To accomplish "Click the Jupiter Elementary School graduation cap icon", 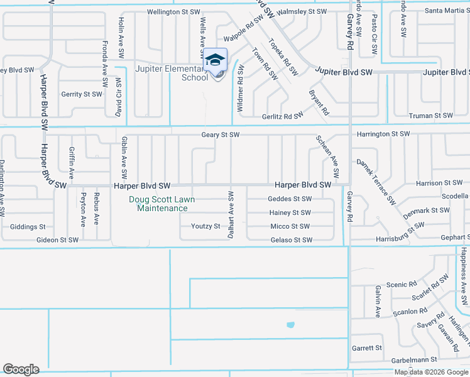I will (x=216, y=60).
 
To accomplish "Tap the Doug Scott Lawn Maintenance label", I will (x=162, y=204).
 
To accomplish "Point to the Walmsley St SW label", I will (x=302, y=12).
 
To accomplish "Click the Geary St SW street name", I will (x=221, y=134).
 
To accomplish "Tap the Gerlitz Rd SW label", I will (x=283, y=116).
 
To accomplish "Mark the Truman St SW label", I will (x=430, y=116).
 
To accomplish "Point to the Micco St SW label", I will (x=290, y=226).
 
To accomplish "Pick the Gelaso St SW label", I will (x=291, y=240).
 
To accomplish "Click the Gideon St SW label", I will (x=57, y=240).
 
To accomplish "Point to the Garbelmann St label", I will (x=413, y=360).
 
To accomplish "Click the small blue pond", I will (x=290, y=325).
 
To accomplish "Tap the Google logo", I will (x=21, y=369).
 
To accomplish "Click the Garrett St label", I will (x=367, y=347).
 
